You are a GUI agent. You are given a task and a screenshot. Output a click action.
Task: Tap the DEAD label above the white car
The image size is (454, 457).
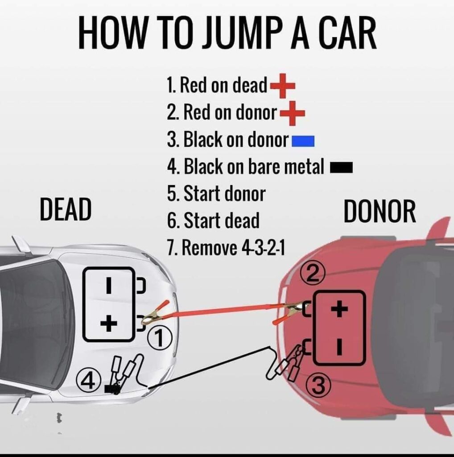66,210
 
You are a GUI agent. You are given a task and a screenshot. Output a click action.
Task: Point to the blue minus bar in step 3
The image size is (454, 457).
303,142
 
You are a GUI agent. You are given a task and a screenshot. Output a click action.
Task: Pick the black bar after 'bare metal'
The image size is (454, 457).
341,168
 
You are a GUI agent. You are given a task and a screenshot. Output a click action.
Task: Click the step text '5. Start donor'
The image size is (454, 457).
216,194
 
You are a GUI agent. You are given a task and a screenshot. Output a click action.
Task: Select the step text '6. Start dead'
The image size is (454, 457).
213,220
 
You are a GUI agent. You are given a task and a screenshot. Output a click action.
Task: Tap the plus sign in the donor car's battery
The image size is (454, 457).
340,308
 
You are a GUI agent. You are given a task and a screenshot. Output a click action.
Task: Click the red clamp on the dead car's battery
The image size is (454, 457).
154,313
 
